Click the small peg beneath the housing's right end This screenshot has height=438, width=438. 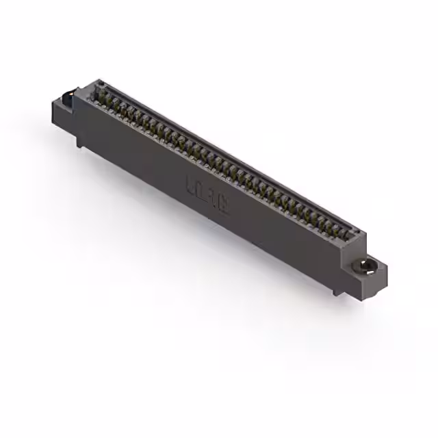(337, 292)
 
